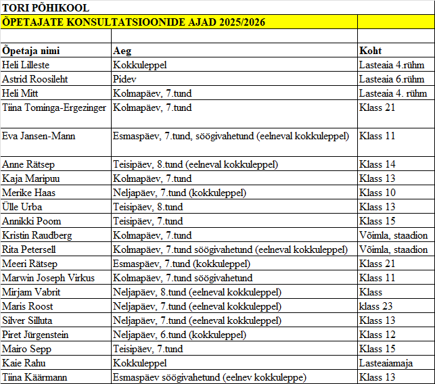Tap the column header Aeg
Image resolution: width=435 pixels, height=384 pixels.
tap(122, 51)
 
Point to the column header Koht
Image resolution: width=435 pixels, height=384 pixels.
tap(371, 51)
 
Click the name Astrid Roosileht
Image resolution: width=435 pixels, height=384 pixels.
tap(35, 79)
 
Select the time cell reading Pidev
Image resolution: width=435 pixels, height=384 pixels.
tap(124, 79)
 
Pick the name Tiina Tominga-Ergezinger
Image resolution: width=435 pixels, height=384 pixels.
tap(54, 107)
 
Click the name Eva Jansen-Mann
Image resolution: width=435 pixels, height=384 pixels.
tap(39, 136)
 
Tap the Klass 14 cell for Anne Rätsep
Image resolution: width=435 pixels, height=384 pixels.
tap(377, 164)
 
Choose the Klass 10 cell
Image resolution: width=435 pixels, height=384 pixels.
tap(377, 193)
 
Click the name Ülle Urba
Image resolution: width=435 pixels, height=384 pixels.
tap(22, 207)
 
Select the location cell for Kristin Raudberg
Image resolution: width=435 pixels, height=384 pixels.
tap(393, 235)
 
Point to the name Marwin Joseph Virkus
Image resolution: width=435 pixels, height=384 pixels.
tap(49, 278)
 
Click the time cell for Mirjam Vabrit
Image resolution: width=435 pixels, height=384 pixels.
tap(196, 292)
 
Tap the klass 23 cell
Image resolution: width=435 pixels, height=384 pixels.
tap(376, 306)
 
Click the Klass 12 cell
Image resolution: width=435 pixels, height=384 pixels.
tap(377, 335)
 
